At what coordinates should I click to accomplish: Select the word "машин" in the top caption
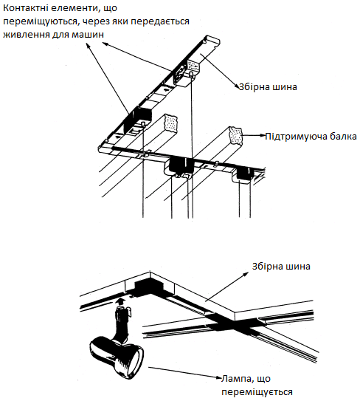[87, 34]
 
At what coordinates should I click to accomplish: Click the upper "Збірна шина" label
[268, 87]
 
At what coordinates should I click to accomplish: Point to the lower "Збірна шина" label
[281, 266]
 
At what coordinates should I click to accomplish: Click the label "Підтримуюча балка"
[311, 137]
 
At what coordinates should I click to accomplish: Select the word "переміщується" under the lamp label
[257, 392]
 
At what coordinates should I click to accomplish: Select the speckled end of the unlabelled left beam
[170, 123]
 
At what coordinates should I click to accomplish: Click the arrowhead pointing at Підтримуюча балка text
[262, 136]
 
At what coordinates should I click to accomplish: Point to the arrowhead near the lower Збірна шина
[246, 274]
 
